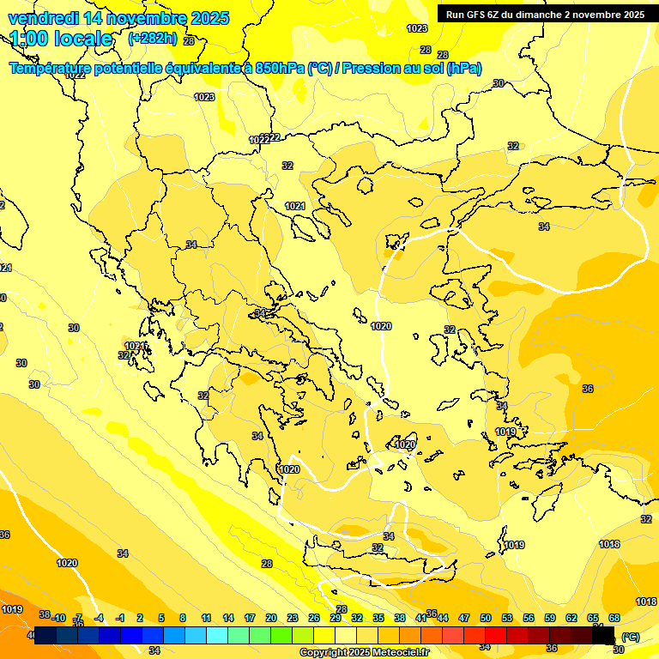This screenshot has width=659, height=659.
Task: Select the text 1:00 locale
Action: [x=62, y=39]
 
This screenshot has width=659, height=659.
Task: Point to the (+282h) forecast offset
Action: [x=153, y=39]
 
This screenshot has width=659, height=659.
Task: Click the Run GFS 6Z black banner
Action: [x=545, y=15]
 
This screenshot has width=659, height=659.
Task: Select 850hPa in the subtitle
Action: [x=280, y=69]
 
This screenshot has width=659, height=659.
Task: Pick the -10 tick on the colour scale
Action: [x=58, y=618]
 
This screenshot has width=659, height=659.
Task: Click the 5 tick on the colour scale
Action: [x=161, y=618]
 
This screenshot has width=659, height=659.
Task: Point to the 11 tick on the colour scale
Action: [x=206, y=618]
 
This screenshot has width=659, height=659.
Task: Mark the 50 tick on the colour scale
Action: [x=486, y=618]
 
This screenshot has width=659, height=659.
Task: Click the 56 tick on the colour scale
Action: [x=529, y=618]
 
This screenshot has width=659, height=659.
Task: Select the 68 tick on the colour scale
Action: [x=614, y=618]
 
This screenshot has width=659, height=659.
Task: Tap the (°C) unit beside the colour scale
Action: [x=631, y=637]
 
